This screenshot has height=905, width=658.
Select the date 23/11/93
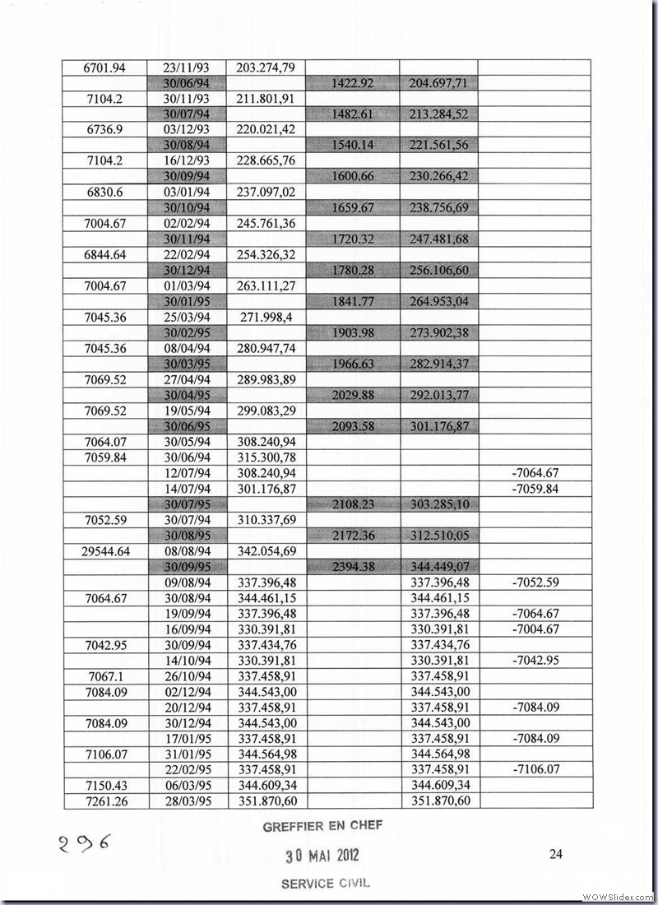pos(188,67)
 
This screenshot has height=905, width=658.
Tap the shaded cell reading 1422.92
pos(353,83)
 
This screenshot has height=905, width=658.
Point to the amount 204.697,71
pos(438,83)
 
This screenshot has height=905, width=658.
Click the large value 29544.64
pos(106,551)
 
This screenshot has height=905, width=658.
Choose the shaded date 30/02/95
pos(188,332)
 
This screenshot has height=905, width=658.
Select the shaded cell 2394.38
pos(353,567)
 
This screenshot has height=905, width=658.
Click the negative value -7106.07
pos(535,769)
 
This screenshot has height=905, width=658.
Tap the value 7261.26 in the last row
pos(106,801)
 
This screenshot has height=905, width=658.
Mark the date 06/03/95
pos(188,785)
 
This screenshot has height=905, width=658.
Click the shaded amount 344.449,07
pos(438,567)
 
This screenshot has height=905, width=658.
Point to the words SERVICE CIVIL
pos(326,883)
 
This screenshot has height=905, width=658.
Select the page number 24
pos(555,854)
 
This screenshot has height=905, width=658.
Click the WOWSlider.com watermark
pos(618,896)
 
